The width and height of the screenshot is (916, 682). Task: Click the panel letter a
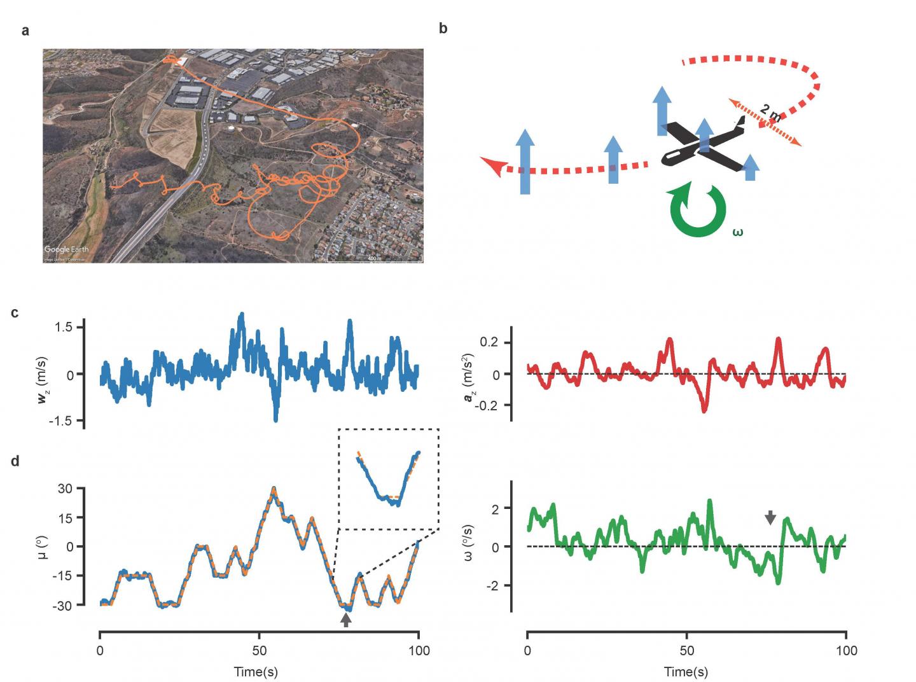(x=25, y=31)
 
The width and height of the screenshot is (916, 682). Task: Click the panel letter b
(x=443, y=29)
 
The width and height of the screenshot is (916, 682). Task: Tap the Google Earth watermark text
(x=66, y=249)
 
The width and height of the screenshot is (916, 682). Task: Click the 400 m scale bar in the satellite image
(x=374, y=260)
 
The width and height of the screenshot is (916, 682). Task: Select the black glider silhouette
(x=703, y=145)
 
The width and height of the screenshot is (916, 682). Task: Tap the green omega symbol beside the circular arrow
(x=737, y=232)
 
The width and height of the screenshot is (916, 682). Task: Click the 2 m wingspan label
(x=770, y=116)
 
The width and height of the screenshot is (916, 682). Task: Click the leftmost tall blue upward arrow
(x=525, y=161)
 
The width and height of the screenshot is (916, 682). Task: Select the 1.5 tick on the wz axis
(x=66, y=327)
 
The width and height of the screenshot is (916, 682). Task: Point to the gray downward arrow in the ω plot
(x=770, y=517)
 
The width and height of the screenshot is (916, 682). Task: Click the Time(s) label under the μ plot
(x=256, y=671)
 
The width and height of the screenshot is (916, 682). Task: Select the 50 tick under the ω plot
(x=686, y=651)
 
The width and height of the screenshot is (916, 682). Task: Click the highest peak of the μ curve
(x=274, y=489)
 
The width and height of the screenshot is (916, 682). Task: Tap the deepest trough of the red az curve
(x=704, y=410)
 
